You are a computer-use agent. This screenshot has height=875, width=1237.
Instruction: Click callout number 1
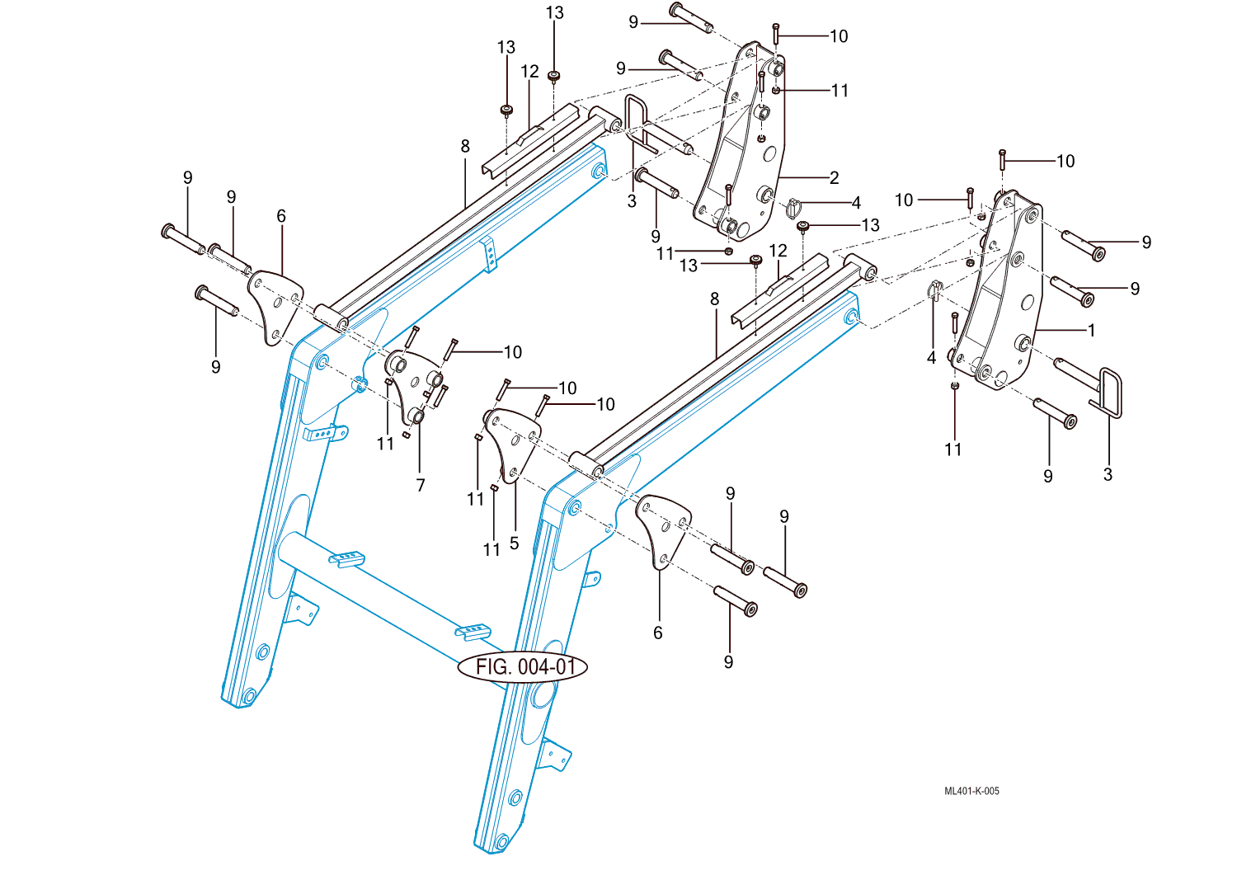point(1092,330)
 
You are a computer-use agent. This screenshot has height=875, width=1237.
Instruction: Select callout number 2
point(834,177)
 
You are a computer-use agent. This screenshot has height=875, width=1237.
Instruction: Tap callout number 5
point(514,543)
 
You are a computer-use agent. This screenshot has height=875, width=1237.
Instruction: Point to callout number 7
point(420,485)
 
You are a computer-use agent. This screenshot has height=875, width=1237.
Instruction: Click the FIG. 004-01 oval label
point(523,666)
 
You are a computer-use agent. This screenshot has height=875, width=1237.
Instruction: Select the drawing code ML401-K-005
point(971,791)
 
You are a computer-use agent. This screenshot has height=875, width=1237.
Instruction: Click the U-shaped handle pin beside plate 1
point(1101,392)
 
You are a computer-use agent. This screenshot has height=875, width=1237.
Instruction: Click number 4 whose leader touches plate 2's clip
point(856,202)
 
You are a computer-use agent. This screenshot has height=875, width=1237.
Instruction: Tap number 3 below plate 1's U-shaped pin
point(1108,474)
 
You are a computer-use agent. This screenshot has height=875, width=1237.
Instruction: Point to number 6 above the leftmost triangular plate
point(281,216)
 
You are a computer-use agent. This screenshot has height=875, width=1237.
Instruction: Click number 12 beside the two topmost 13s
point(529,72)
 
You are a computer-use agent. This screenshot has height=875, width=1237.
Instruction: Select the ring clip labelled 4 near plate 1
point(934,289)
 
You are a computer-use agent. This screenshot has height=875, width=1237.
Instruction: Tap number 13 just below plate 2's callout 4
point(870,225)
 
